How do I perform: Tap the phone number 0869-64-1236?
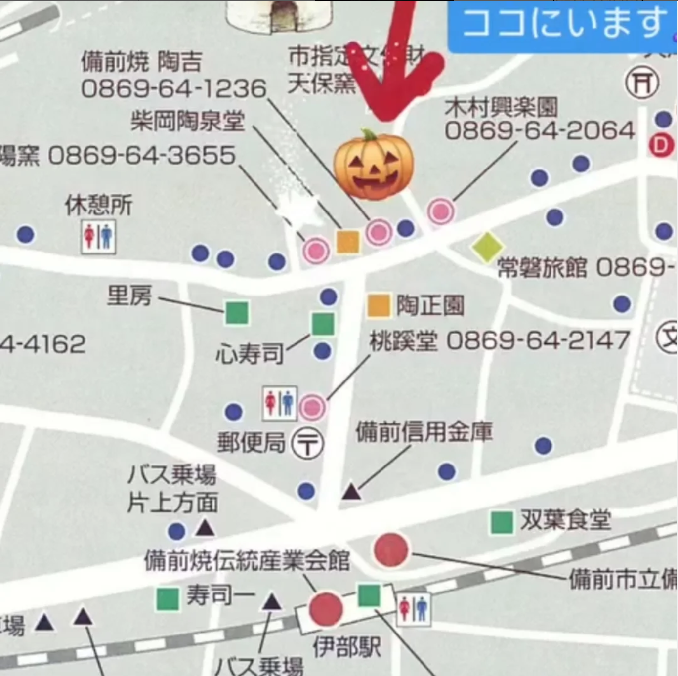click(x=173, y=89)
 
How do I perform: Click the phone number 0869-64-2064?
click(x=540, y=131)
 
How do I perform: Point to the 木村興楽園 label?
click(x=501, y=107)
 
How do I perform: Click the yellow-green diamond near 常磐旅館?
click(x=487, y=247)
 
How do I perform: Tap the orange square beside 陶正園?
click(x=379, y=305)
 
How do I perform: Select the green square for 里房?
click(x=237, y=313)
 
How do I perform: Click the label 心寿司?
click(x=250, y=354)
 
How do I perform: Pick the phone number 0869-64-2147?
click(x=538, y=341)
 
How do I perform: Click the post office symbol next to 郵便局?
click(x=307, y=443)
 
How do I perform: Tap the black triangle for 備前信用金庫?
click(x=351, y=492)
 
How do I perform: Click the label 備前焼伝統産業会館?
click(x=247, y=561)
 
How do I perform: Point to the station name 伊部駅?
click(x=346, y=647)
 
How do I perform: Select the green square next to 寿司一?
click(x=168, y=599)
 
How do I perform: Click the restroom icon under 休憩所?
click(x=98, y=237)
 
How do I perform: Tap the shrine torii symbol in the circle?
click(x=642, y=83)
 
